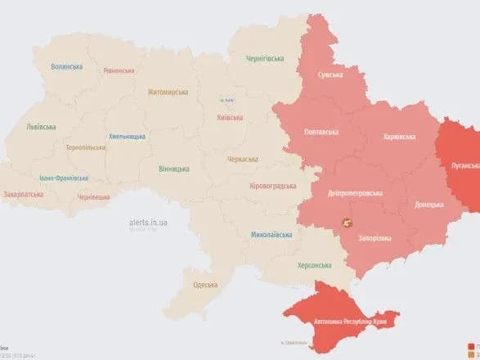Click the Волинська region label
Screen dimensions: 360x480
point(66,67)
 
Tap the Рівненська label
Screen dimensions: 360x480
point(119,70)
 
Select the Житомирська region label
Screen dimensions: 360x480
point(168,92)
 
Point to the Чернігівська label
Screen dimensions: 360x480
point(265,59)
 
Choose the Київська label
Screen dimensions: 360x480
point(231,117)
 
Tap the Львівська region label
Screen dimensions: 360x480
point(41,127)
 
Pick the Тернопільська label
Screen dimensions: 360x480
point(85,147)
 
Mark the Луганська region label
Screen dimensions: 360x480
point(464,164)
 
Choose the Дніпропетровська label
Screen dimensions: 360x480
point(353,193)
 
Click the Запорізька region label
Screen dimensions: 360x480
point(375,238)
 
